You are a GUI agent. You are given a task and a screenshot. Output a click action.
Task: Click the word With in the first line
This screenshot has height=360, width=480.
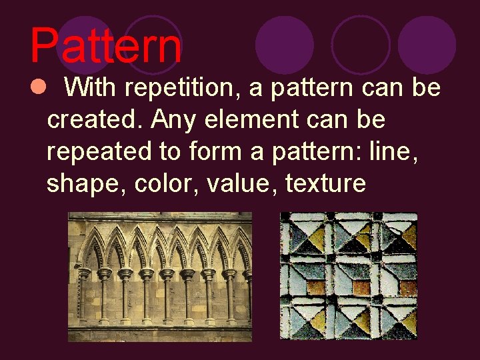92,87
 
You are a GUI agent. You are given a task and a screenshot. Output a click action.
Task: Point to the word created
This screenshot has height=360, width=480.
95,119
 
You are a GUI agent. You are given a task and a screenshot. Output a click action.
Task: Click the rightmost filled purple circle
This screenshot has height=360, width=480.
427,45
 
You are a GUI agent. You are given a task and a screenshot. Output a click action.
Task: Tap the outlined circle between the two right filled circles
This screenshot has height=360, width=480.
361,45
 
